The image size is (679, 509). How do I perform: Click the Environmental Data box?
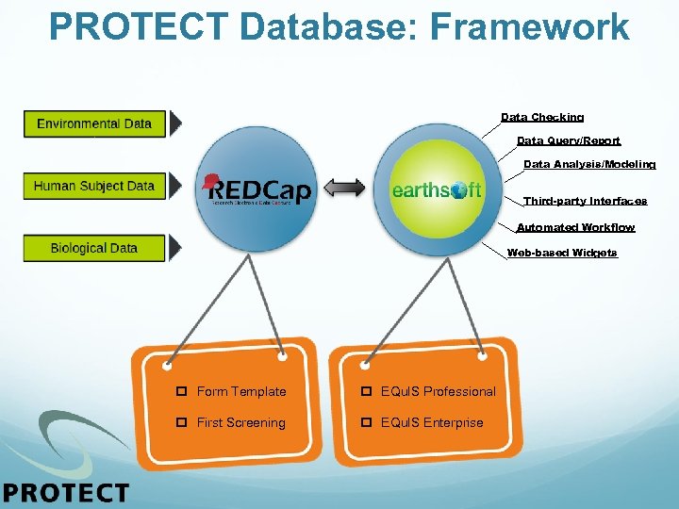click(93, 123)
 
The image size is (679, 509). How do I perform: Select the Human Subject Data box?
click(93, 186)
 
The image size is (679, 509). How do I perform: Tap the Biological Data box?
click(93, 248)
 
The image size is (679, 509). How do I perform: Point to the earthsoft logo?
click(436, 189)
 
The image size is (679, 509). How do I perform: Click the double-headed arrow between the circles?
click(346, 189)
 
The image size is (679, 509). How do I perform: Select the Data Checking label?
click(542, 118)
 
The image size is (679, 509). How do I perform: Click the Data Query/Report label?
click(569, 141)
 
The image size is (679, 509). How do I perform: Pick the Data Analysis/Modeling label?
click(589, 165)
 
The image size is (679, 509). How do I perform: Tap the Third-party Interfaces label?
click(586, 202)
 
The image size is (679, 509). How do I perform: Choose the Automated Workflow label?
click(575, 228)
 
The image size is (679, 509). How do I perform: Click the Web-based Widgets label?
click(562, 253)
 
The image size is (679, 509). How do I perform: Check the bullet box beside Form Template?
click(181, 391)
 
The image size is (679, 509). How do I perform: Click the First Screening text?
click(240, 422)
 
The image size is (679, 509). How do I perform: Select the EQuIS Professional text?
click(438, 391)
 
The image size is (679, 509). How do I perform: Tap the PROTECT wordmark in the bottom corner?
click(66, 492)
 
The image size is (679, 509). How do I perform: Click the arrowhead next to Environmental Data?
click(175, 123)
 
